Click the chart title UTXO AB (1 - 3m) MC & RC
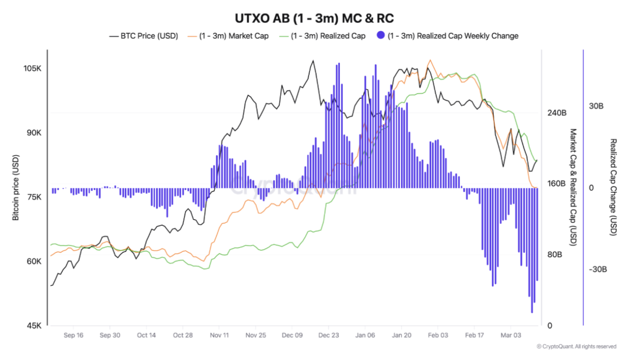314,18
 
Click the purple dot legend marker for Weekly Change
381,35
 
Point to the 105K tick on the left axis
33,69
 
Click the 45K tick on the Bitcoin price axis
34,326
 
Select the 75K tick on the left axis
34,197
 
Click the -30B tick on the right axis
598,270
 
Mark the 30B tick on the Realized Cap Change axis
596,106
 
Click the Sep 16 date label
74,335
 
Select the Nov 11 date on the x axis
219,335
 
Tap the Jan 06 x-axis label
365,335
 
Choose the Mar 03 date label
510,335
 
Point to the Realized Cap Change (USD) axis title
613,188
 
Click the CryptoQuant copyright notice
576,346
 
